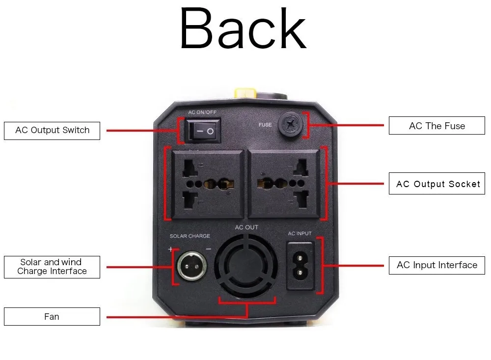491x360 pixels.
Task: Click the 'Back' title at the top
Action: tap(243, 28)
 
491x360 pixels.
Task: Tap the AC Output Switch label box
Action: tap(52, 131)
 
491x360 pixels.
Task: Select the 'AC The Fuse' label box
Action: tap(437, 126)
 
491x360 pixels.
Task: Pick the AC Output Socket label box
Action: tap(437, 184)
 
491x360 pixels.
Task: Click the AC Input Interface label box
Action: tap(437, 265)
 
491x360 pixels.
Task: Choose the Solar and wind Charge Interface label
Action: tap(52, 267)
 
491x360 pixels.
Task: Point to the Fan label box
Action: tap(52, 316)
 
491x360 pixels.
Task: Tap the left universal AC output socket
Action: tap(207, 184)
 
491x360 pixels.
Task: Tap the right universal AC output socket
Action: tap(284, 184)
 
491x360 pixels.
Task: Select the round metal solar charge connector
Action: tap(191, 266)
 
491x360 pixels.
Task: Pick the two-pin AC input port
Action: tap(300, 266)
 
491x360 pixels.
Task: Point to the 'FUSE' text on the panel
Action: tap(265, 125)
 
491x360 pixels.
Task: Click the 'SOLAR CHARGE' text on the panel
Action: tap(190, 236)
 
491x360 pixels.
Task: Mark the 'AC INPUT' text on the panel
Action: tap(300, 233)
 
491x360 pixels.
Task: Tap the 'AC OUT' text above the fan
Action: tap(246, 227)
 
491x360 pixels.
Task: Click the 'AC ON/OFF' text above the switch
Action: tap(202, 112)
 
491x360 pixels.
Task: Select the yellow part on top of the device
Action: tap(245, 93)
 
